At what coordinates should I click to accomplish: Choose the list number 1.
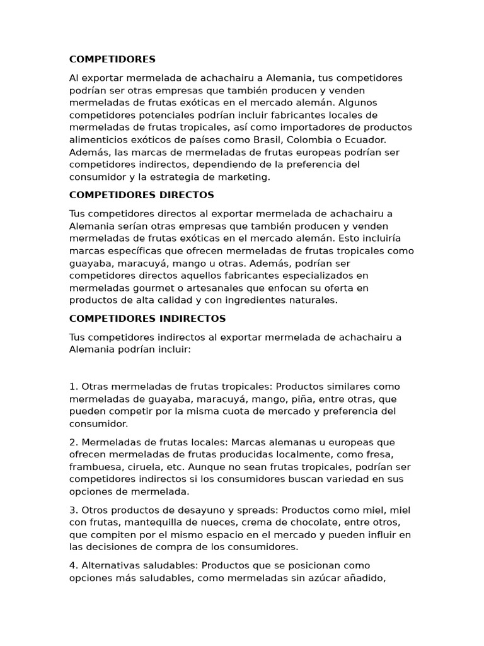73,386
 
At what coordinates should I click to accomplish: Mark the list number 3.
73,510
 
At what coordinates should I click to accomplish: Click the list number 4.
73,565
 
